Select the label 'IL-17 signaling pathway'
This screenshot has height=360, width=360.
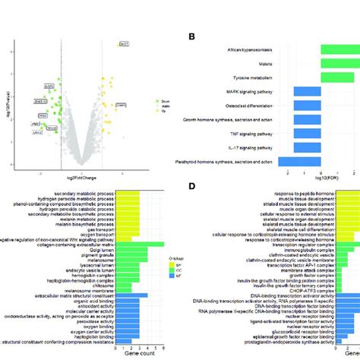pyautogui.click(x=253, y=147)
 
